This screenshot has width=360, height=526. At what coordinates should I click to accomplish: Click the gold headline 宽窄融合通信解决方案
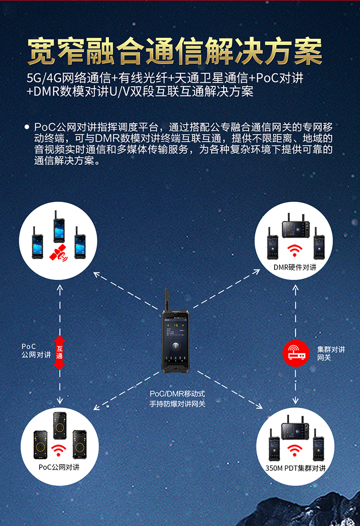(174, 51)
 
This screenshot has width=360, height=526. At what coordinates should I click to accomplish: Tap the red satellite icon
(59, 253)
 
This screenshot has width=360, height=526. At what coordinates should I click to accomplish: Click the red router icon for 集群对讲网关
(296, 353)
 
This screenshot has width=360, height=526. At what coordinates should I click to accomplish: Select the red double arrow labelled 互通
(60, 353)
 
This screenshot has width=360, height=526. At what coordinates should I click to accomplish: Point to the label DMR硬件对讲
(295, 267)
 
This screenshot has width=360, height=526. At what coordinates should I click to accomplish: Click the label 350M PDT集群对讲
(295, 468)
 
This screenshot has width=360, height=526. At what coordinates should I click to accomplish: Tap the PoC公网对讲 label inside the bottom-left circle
(59, 467)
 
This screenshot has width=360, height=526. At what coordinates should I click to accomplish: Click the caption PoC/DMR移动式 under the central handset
(177, 394)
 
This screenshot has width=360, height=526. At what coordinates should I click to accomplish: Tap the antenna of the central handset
(167, 300)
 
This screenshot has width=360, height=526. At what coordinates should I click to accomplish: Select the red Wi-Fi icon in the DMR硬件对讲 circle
(295, 250)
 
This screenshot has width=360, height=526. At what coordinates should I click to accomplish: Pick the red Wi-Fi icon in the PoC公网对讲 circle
(59, 450)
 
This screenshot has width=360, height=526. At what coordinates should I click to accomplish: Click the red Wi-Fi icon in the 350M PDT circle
(294, 450)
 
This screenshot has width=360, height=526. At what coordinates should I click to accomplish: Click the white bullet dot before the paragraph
(27, 127)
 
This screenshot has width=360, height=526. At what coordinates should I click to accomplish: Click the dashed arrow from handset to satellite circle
(126, 291)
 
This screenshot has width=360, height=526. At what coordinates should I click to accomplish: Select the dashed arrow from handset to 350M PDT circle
(229, 390)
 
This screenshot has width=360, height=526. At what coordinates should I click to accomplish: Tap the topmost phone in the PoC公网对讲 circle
(60, 425)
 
